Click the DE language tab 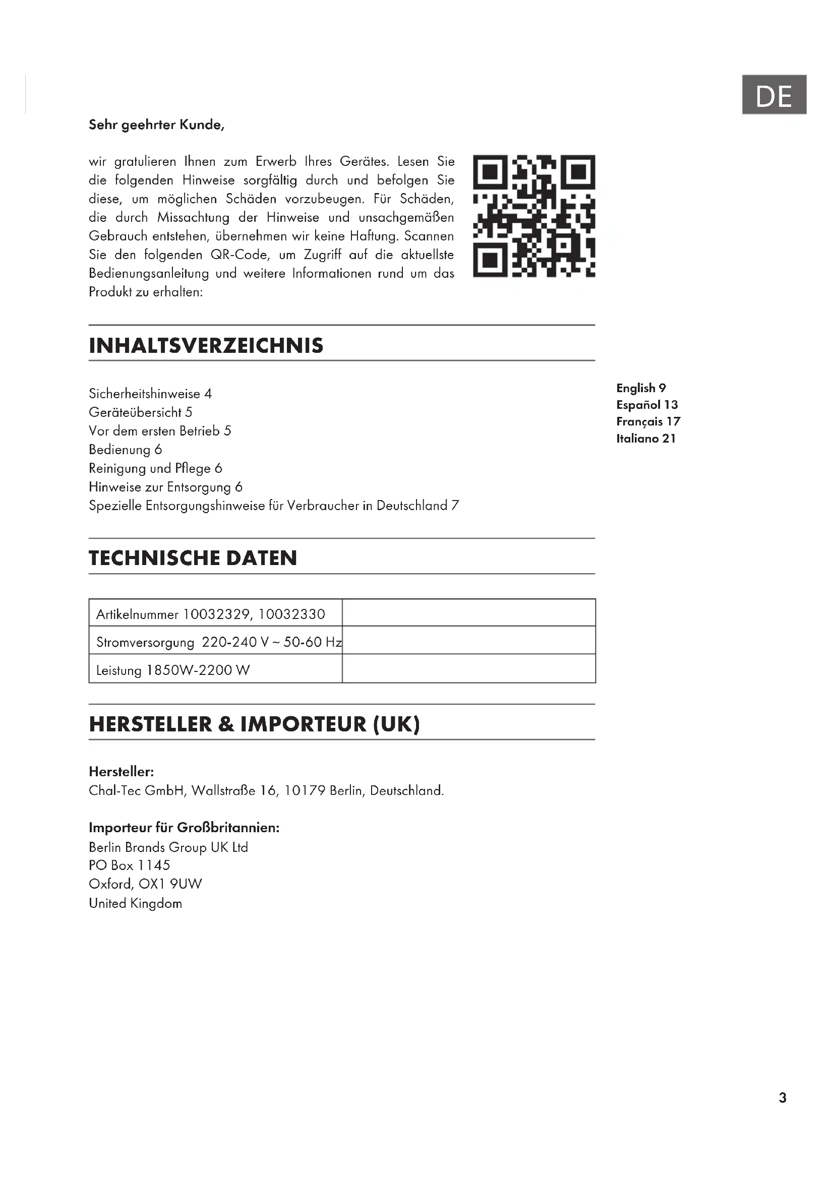[x=773, y=95]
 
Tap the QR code [x=533, y=216]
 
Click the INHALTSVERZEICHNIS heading [x=206, y=346]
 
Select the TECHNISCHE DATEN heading [x=193, y=558]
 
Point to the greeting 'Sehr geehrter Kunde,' [x=157, y=125]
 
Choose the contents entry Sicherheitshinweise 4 [x=150, y=394]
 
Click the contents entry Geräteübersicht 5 [x=140, y=412]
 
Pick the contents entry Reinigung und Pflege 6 [x=155, y=468]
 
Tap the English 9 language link [x=641, y=388]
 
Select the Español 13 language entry [x=647, y=405]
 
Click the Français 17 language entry [x=648, y=421]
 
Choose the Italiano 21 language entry [x=646, y=439]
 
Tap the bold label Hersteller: [x=121, y=772]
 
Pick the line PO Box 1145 [x=130, y=865]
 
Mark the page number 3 [x=783, y=1097]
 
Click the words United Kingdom [x=136, y=903]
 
